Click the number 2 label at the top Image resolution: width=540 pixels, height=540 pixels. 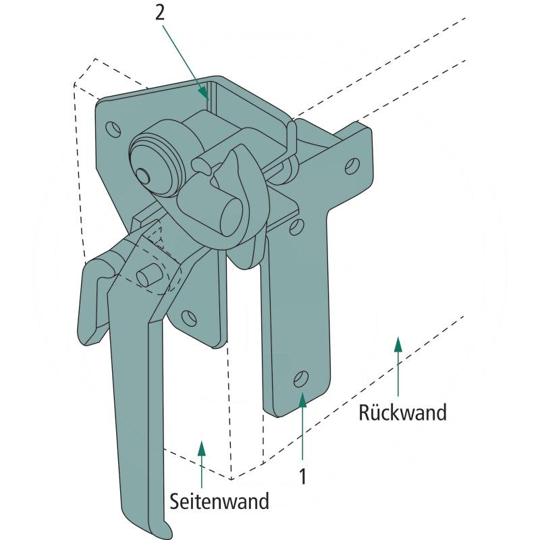(x=160, y=13)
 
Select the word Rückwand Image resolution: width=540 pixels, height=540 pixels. (x=403, y=412)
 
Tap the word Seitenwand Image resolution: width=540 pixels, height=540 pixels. (x=219, y=502)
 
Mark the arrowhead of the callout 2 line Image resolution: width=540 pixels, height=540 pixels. (x=203, y=93)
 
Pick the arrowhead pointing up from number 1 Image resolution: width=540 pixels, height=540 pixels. (x=303, y=400)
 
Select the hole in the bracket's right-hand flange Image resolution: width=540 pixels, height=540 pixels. (x=352, y=165)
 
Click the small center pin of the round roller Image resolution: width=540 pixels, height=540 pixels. (x=143, y=174)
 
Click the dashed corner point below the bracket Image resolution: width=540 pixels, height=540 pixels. (x=232, y=479)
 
